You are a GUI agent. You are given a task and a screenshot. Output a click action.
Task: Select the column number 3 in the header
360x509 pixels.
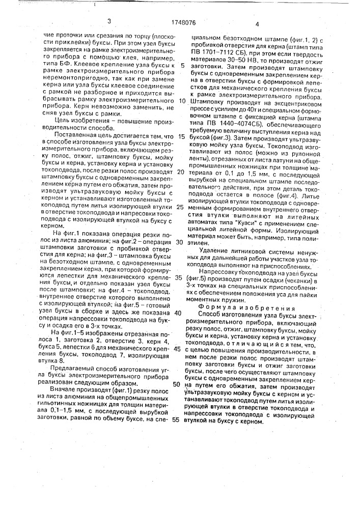coord(109,21)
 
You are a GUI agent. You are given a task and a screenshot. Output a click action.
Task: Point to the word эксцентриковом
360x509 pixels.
coord(288,101)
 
